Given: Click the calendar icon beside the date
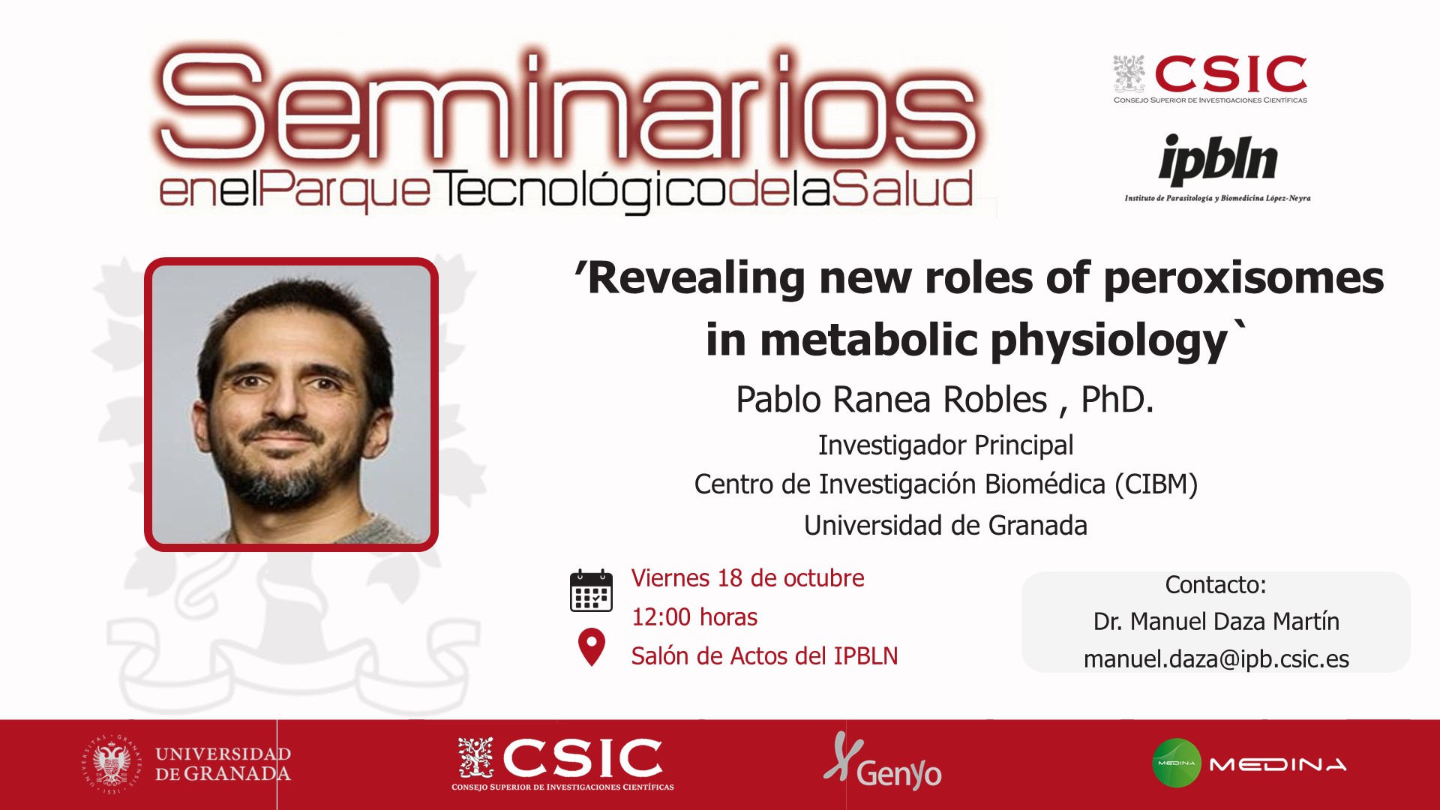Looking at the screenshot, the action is click(x=591, y=591).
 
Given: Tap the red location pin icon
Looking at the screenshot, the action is click(x=592, y=647).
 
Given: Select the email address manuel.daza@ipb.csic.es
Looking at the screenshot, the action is click(x=1216, y=659).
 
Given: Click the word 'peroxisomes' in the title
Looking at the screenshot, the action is click(x=1243, y=279).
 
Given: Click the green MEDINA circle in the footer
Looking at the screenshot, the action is click(x=1177, y=763).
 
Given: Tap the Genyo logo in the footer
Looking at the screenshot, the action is click(x=883, y=762).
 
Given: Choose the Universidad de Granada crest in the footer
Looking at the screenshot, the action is click(x=112, y=764).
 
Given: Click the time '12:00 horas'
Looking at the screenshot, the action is click(x=694, y=617).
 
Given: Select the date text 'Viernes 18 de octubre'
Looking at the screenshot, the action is click(x=748, y=578).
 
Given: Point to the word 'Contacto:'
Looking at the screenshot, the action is click(x=1216, y=584).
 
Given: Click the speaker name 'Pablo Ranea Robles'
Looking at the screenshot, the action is click(x=892, y=399).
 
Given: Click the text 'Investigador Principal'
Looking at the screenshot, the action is click(x=946, y=445).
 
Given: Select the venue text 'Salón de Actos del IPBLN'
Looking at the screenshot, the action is click(x=764, y=656).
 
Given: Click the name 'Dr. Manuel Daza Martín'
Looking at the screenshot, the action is click(x=1216, y=622).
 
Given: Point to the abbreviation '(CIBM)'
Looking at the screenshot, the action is click(x=1156, y=484).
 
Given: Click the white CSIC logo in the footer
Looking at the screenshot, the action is click(x=562, y=763).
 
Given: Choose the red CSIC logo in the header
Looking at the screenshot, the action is click(x=1210, y=79).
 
